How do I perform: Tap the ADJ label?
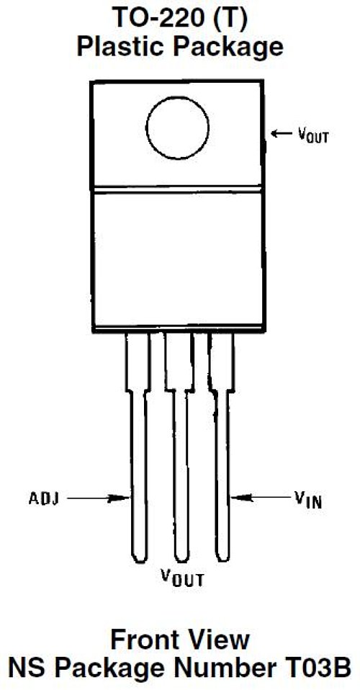[x=44, y=498]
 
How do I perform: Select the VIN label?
[x=308, y=499]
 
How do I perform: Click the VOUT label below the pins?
[x=182, y=578]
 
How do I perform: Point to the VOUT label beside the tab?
[x=313, y=135]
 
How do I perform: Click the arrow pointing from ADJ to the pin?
[x=99, y=498]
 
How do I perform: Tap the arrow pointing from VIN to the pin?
[x=261, y=498]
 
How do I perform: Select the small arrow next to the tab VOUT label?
[x=282, y=133]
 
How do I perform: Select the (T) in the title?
[x=232, y=19]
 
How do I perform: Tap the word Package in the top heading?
[x=230, y=48]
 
